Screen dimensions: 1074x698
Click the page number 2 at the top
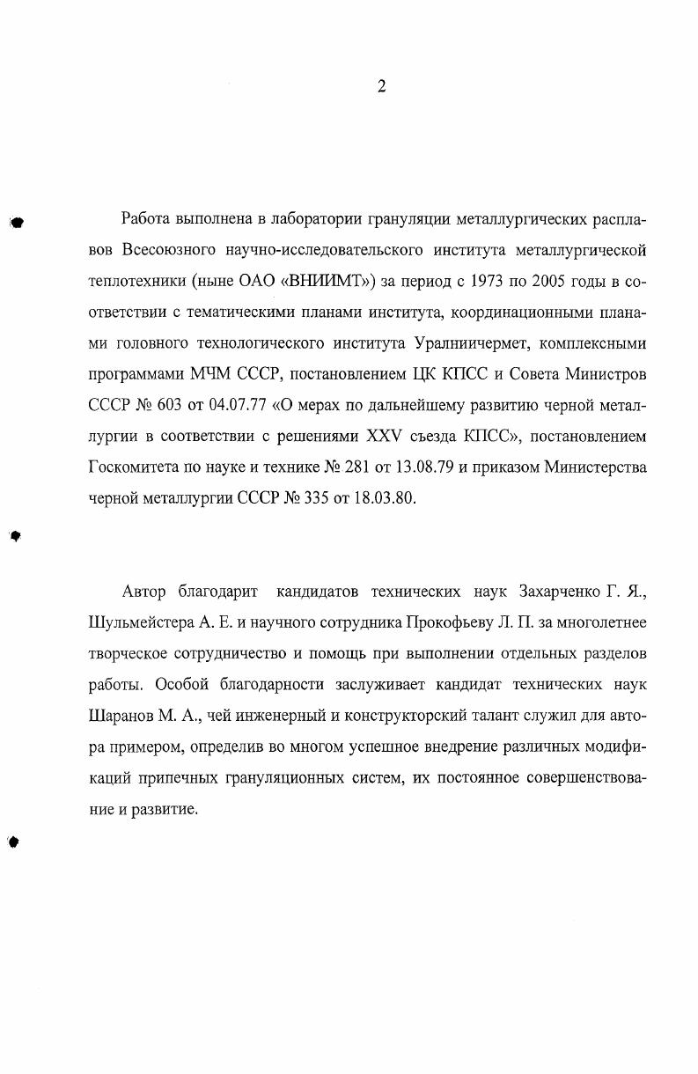381,86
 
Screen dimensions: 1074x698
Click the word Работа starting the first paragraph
146,218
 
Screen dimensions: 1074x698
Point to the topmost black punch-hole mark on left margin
16,223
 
